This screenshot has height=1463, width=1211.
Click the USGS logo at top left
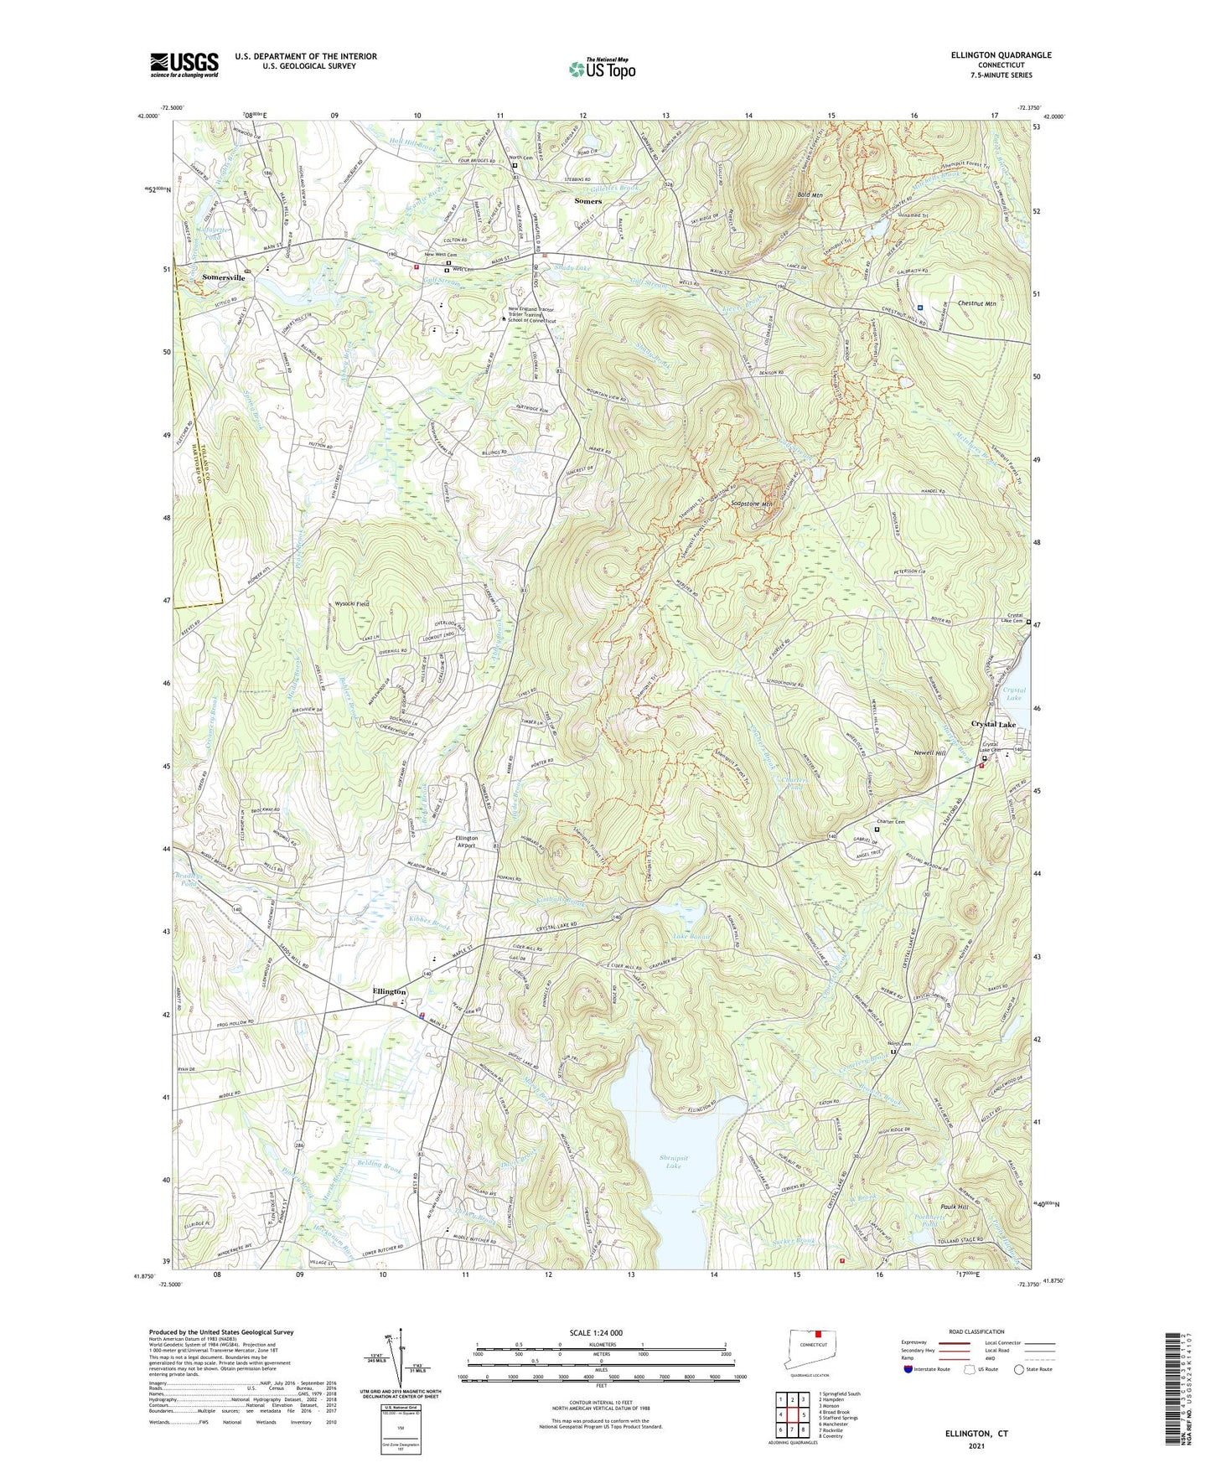(x=184, y=64)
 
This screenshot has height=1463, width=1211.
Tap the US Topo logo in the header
(x=601, y=69)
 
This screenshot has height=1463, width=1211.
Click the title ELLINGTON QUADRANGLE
(x=1001, y=55)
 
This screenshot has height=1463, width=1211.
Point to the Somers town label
(x=587, y=201)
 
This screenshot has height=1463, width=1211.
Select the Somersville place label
(x=223, y=276)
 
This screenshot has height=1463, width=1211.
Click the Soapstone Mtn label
(x=752, y=504)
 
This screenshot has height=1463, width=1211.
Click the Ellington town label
(x=390, y=991)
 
